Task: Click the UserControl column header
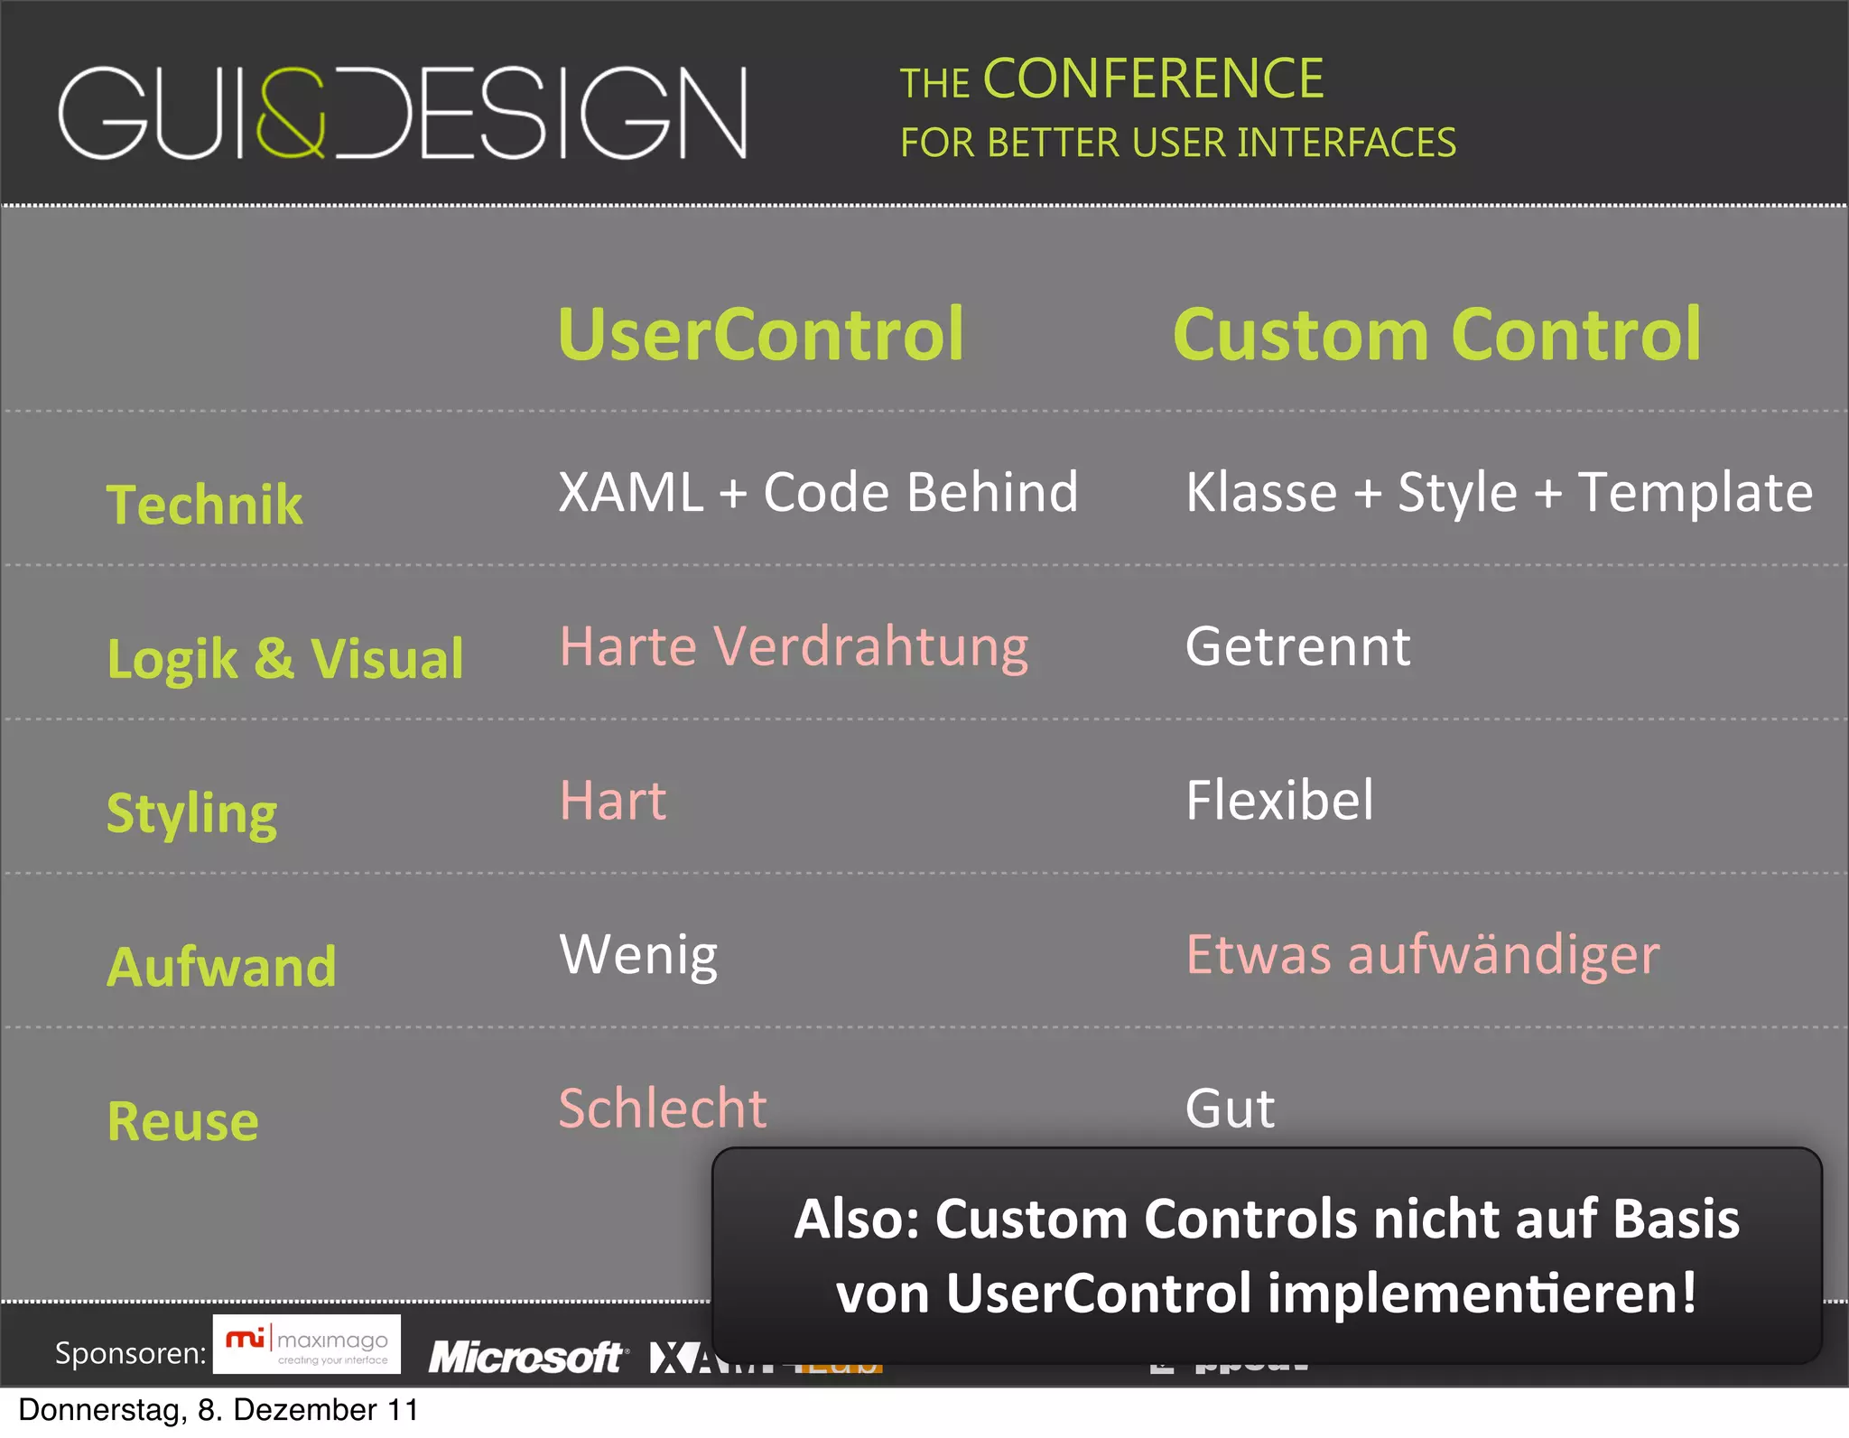tap(761, 335)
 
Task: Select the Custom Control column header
tap(1436, 335)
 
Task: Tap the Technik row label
tap(205, 504)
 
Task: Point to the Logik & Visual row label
tap(285, 658)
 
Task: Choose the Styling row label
tap(192, 812)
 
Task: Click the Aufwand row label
tap(222, 967)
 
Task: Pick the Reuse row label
tap(183, 1121)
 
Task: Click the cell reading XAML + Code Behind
tap(818, 493)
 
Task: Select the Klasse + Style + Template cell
tap(1499, 493)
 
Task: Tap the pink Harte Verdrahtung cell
tap(794, 647)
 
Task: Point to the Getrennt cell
tap(1297, 647)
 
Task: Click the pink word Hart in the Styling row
tap(613, 801)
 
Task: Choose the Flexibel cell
tap(1279, 801)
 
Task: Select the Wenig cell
tap(638, 955)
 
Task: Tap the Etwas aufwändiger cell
tap(1423, 955)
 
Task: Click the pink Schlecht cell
tap(663, 1109)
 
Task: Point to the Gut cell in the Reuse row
tap(1230, 1109)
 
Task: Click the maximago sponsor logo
tap(307, 1344)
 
